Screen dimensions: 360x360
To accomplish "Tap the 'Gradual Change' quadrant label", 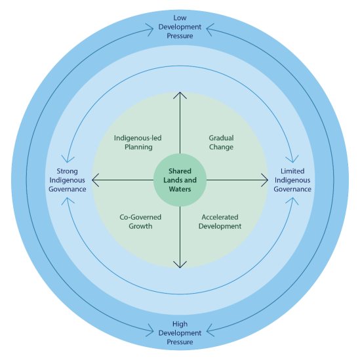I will [x=221, y=143].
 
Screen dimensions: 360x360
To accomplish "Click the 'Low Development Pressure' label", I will [x=180, y=26].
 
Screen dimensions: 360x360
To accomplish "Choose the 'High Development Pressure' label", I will [x=180, y=333].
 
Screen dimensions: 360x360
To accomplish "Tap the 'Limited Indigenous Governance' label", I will [x=292, y=180].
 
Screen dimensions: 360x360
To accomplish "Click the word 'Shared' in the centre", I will [x=180, y=171].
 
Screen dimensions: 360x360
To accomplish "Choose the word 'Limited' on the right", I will [x=292, y=171].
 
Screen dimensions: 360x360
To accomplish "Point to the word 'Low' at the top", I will [x=180, y=17].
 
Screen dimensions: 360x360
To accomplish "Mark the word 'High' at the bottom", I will [x=180, y=324].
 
